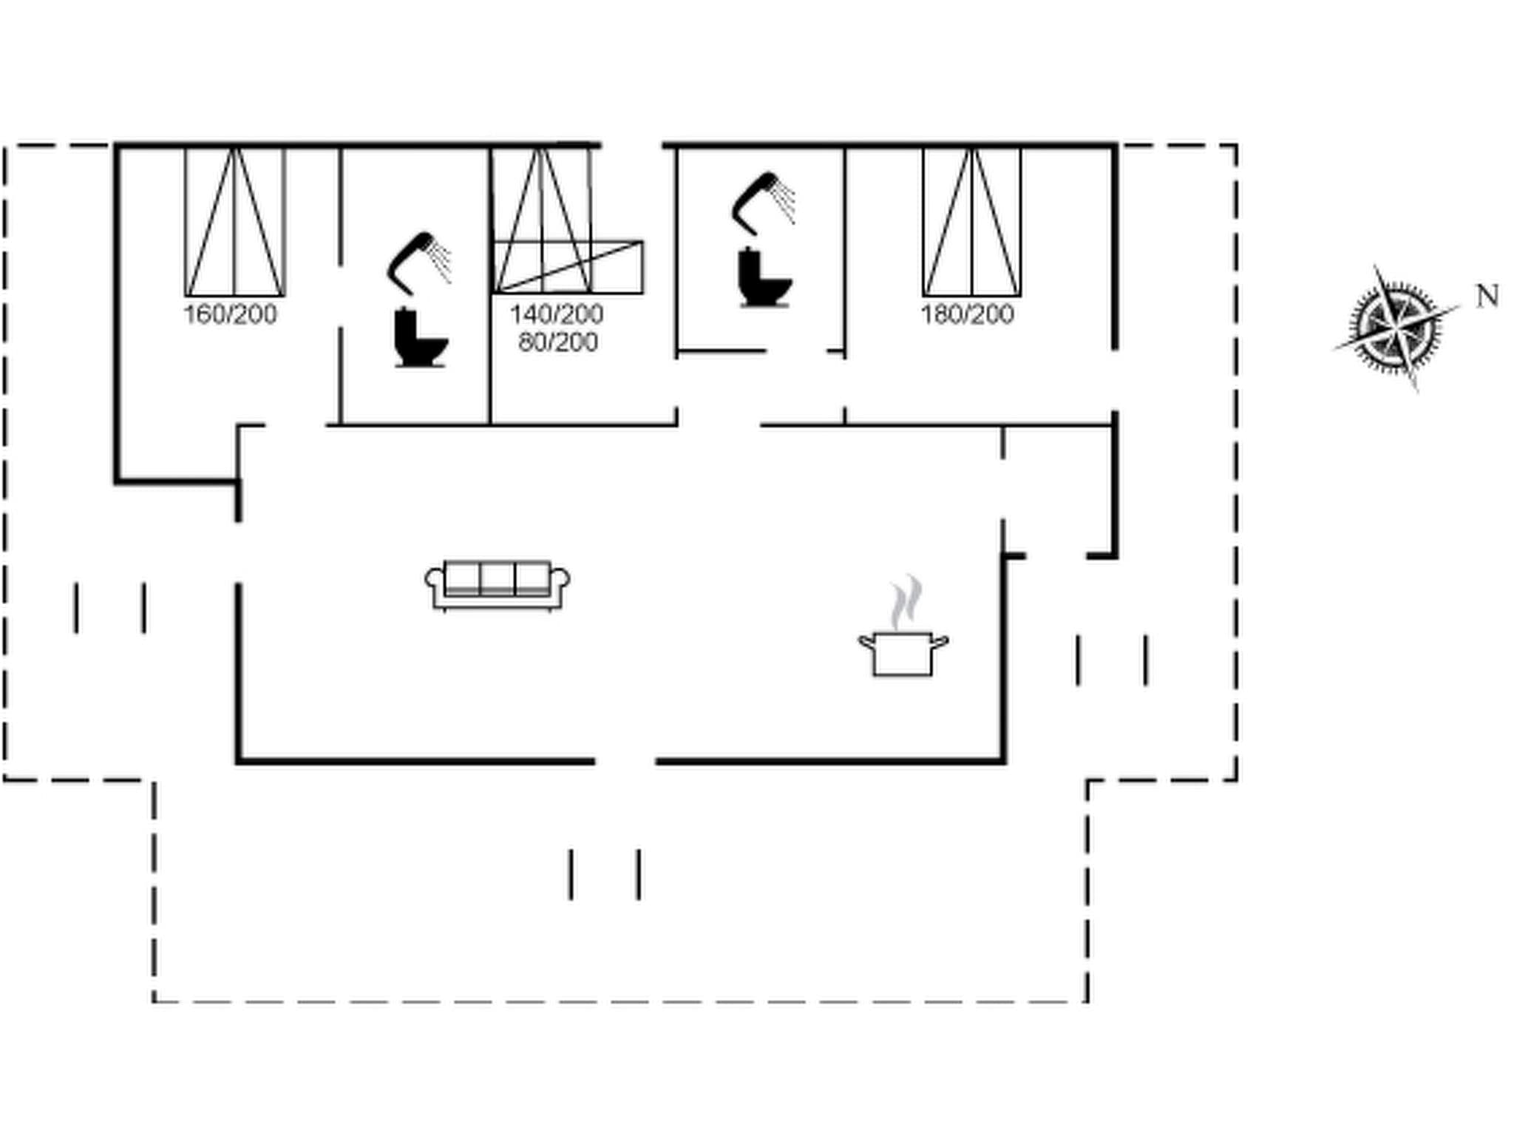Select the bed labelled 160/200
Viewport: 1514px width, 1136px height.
click(234, 222)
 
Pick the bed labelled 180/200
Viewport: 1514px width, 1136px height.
click(971, 222)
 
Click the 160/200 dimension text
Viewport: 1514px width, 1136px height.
click(230, 314)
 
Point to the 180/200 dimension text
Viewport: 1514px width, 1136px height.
click(967, 314)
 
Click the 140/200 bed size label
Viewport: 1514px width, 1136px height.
click(556, 314)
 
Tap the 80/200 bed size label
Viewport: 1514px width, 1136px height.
click(557, 342)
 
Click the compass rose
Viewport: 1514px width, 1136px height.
click(1396, 327)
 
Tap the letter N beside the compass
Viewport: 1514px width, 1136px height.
click(1487, 297)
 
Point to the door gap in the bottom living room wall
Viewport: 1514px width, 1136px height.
click(625, 760)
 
